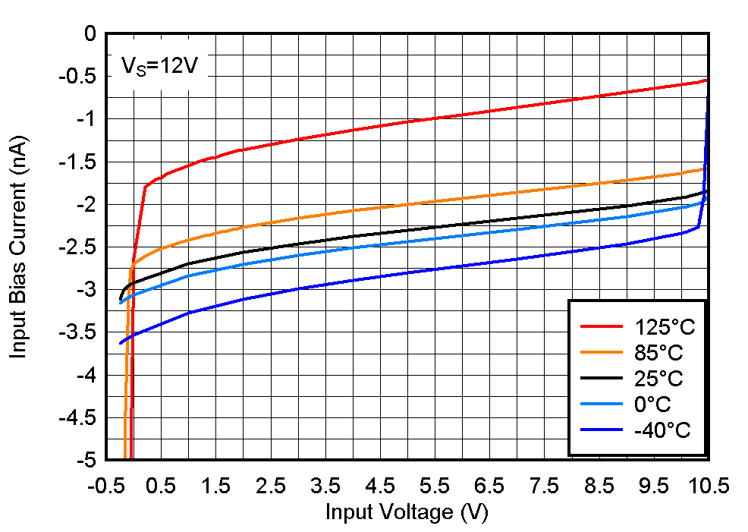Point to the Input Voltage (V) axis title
[x=407, y=512]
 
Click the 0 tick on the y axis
[x=90, y=34]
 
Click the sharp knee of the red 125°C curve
[x=145, y=187]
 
